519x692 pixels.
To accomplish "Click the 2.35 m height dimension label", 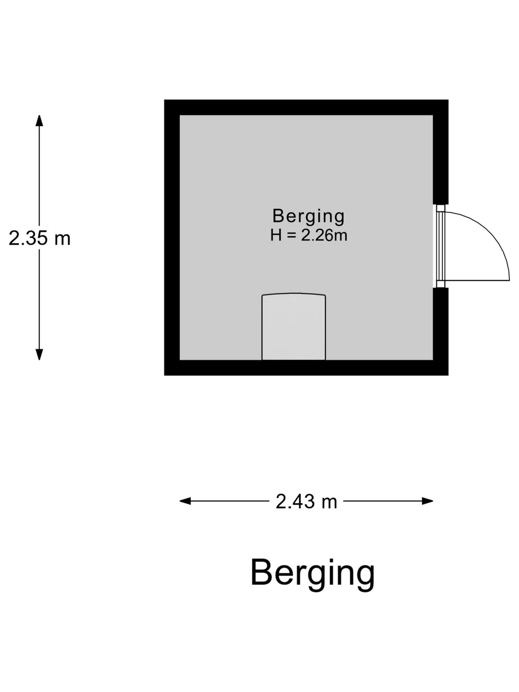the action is (39, 238).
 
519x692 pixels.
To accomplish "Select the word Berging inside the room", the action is (308, 217).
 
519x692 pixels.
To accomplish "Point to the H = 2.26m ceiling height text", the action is (309, 235).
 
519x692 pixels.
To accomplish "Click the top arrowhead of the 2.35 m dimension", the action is (39, 121).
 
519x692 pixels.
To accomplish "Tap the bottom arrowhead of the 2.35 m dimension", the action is (39, 354).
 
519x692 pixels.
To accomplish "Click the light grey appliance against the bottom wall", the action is (294, 327).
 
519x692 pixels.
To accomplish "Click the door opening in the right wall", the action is (440, 246).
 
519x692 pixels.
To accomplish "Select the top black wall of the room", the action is (306, 108).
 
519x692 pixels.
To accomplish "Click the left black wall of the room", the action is (172, 238).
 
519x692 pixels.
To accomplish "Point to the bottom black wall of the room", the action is (306, 368).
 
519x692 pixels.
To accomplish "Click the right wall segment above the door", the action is (441, 152).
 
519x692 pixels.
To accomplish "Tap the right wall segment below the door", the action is (441, 332).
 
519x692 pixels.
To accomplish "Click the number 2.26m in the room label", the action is (324, 235).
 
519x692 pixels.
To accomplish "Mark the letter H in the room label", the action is (276, 235).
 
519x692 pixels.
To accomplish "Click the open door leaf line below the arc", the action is (477, 280).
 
